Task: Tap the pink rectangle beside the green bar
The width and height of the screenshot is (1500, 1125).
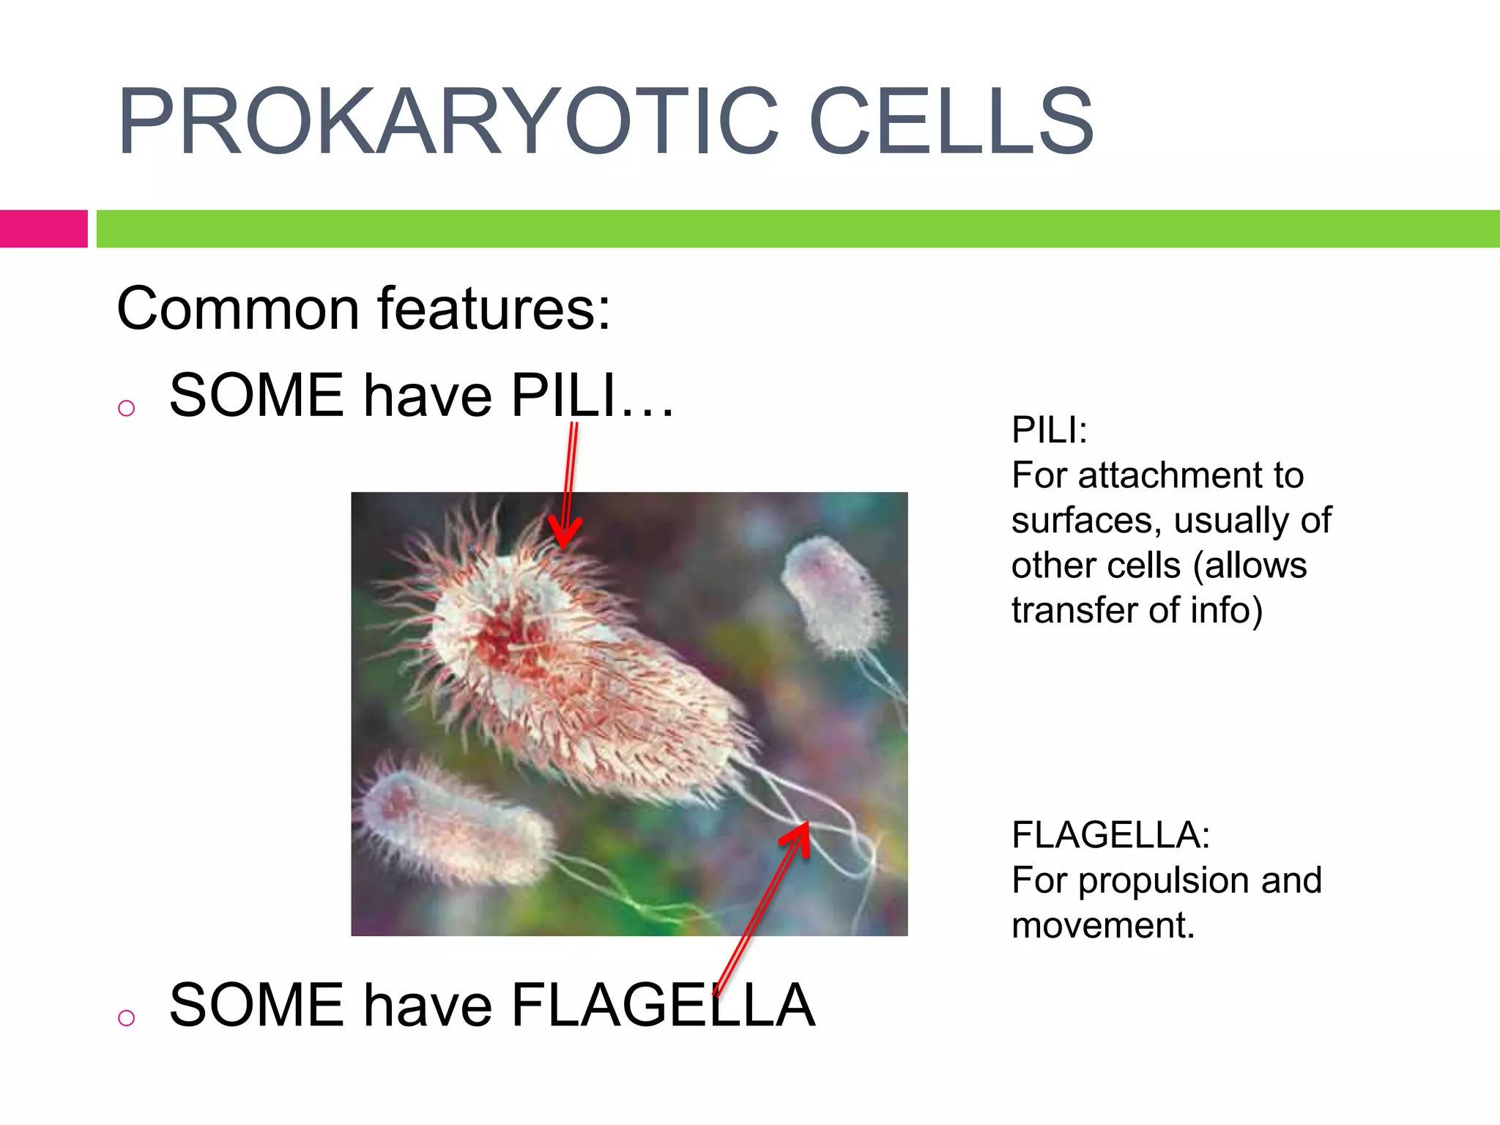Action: coord(43,229)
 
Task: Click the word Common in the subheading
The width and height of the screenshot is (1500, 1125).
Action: coord(237,309)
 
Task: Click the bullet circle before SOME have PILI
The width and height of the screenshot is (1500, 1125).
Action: coord(127,408)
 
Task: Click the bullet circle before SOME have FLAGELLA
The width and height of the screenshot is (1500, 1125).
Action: coord(127,1017)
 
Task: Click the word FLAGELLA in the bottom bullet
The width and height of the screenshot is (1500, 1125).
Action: coord(663,1006)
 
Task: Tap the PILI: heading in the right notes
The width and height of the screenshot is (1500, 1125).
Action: coord(1049,430)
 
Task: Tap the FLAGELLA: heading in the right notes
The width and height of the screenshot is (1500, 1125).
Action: coord(1110,835)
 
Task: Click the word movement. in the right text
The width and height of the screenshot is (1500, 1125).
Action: coord(1103,926)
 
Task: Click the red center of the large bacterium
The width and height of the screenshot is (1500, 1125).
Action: coord(505,637)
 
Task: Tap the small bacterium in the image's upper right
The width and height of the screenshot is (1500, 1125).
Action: coord(835,593)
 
